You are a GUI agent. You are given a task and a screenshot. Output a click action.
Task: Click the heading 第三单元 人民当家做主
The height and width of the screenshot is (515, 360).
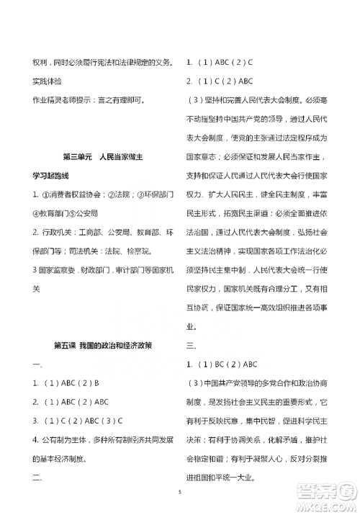tap(104, 157)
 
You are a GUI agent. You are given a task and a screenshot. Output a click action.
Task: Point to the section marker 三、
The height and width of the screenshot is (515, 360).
tap(192, 345)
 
